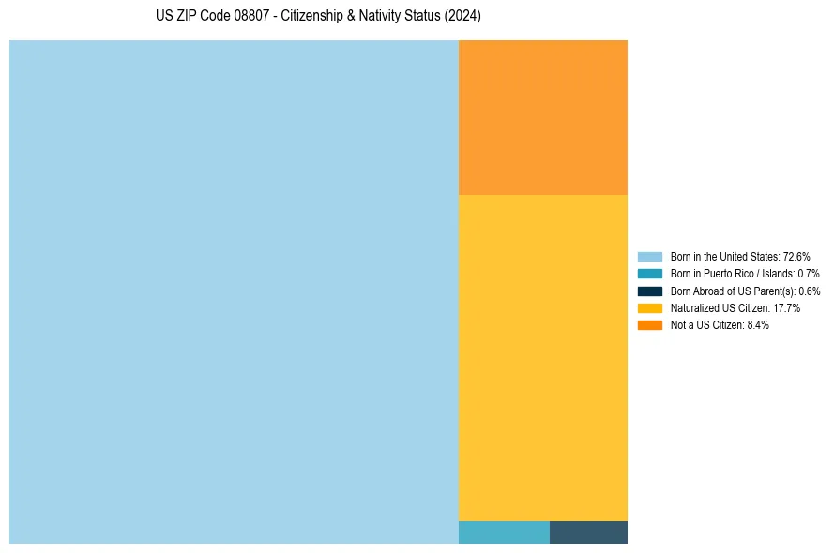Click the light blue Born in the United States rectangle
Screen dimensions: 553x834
(x=234, y=291)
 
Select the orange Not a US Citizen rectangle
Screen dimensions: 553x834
(x=542, y=117)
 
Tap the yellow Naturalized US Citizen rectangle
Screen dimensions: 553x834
(x=542, y=357)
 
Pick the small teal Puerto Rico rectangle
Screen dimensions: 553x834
(x=504, y=532)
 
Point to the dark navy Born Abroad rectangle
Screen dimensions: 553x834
(x=588, y=532)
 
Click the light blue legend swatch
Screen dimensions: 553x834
(x=649, y=257)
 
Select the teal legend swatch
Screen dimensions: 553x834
(x=649, y=274)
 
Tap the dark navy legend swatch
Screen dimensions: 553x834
(x=649, y=291)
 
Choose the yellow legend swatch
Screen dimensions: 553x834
(x=649, y=307)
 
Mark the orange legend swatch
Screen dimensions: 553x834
(x=649, y=324)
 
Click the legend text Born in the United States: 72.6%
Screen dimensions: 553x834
(x=740, y=257)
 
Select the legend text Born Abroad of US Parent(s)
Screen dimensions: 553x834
(x=733, y=291)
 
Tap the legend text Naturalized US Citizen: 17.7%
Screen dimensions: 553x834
(x=735, y=307)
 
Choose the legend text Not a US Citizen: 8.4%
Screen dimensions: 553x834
(x=720, y=324)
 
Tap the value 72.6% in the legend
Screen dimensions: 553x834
(x=796, y=257)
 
